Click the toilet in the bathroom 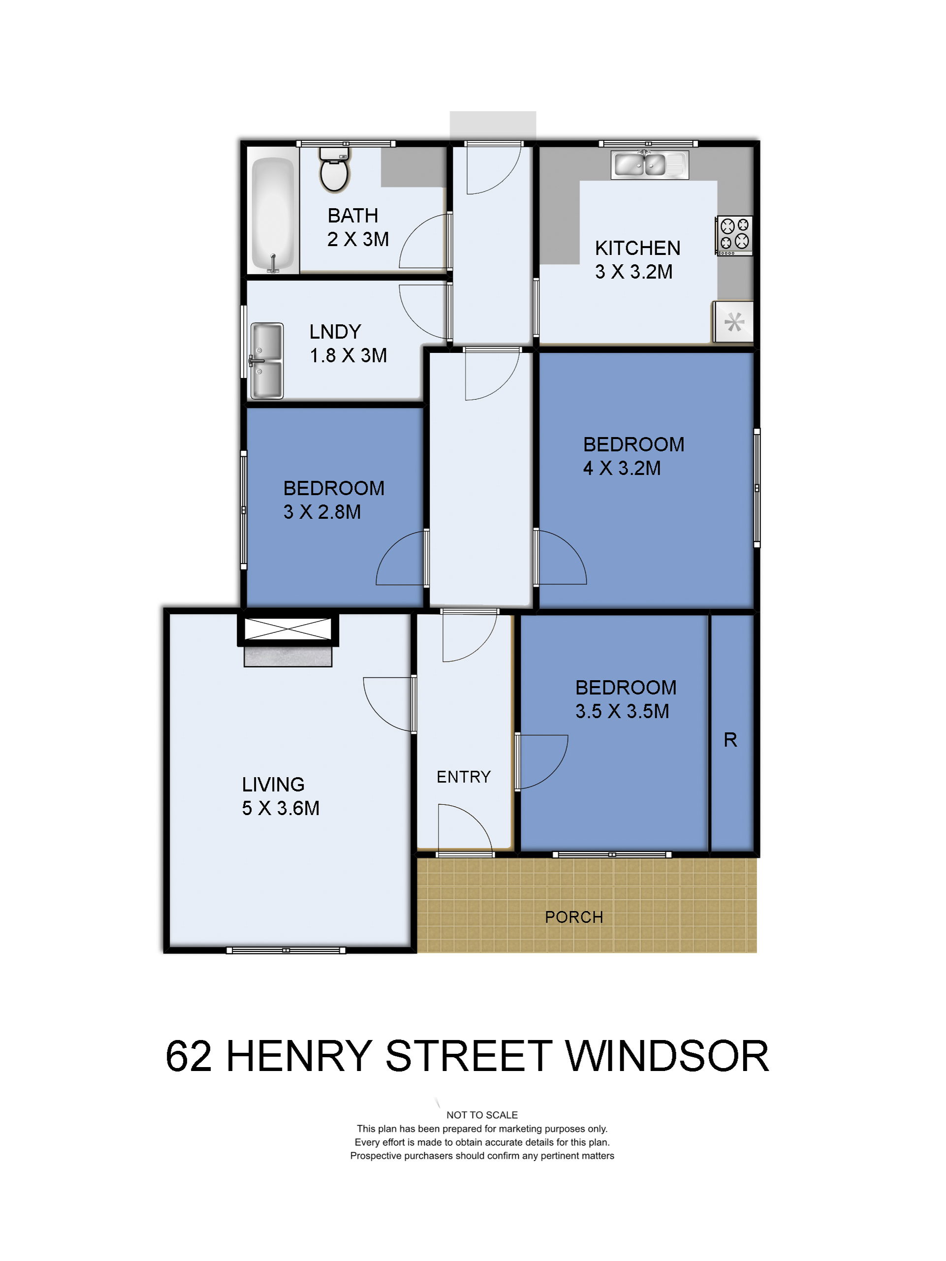click(334, 169)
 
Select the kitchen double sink click(650, 165)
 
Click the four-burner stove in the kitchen click(734, 235)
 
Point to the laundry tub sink click(266, 361)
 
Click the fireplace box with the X click(287, 630)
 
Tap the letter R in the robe click(730, 739)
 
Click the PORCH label click(573, 917)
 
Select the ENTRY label click(464, 777)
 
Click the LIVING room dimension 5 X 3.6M click(281, 808)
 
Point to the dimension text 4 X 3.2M click(622, 468)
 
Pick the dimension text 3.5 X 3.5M click(622, 711)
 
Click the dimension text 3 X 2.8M click(322, 512)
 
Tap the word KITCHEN click(637, 248)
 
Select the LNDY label click(335, 332)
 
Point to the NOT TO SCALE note click(482, 1115)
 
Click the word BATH click(352, 216)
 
